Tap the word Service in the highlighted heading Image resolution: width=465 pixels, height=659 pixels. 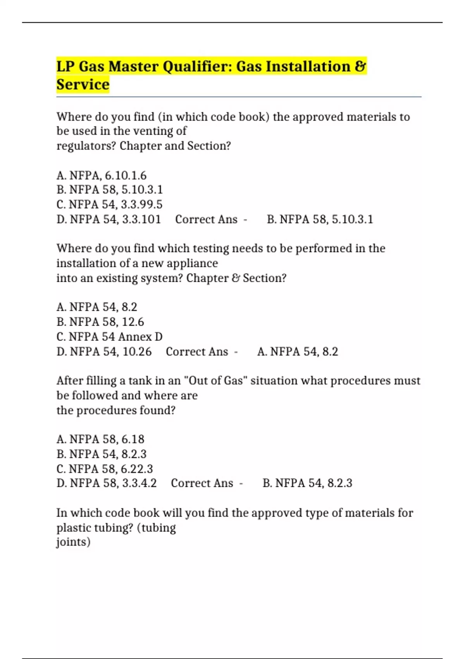click(83, 85)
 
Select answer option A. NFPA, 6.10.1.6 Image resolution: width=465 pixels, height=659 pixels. click(102, 176)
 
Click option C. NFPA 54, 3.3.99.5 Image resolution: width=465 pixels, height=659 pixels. click(109, 204)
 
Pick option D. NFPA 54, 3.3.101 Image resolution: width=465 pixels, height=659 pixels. click(108, 219)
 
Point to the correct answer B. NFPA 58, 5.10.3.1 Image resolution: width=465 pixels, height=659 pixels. click(320, 219)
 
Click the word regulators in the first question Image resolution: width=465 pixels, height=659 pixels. click(86, 146)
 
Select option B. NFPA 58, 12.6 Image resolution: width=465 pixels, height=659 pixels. click(100, 322)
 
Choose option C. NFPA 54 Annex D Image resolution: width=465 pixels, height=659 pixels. click(109, 336)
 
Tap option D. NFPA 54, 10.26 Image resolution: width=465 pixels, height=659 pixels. click(104, 352)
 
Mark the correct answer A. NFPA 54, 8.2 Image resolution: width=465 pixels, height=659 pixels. click(298, 352)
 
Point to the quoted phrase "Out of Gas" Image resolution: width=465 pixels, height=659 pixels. click(215, 381)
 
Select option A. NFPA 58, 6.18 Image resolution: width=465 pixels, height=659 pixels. click(100, 439)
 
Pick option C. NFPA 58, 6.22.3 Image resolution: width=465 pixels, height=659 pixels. click(105, 469)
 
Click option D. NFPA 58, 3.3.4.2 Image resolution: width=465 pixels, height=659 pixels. click(107, 483)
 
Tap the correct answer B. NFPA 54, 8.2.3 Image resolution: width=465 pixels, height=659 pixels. click(307, 483)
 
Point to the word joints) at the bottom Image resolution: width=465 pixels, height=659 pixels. click(73, 542)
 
